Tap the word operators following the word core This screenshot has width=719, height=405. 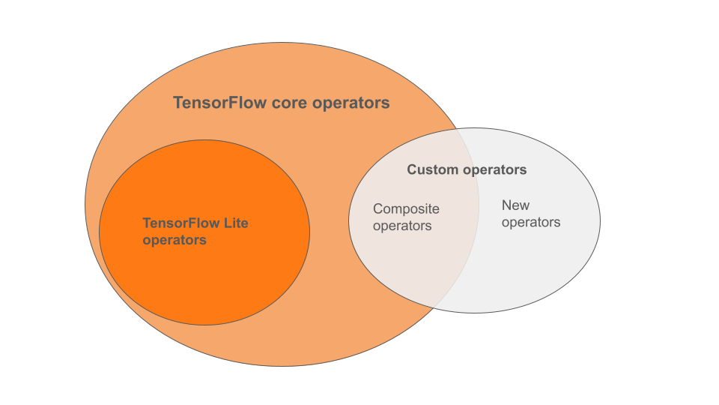351,103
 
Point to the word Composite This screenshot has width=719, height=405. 406,209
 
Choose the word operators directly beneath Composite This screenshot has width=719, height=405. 402,226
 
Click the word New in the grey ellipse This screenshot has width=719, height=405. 515,205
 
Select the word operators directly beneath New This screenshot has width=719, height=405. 530,222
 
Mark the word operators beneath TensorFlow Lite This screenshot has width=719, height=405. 174,240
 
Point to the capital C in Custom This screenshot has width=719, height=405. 412,170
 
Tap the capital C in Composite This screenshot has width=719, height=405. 377,209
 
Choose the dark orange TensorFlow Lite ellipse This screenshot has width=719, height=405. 204,285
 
